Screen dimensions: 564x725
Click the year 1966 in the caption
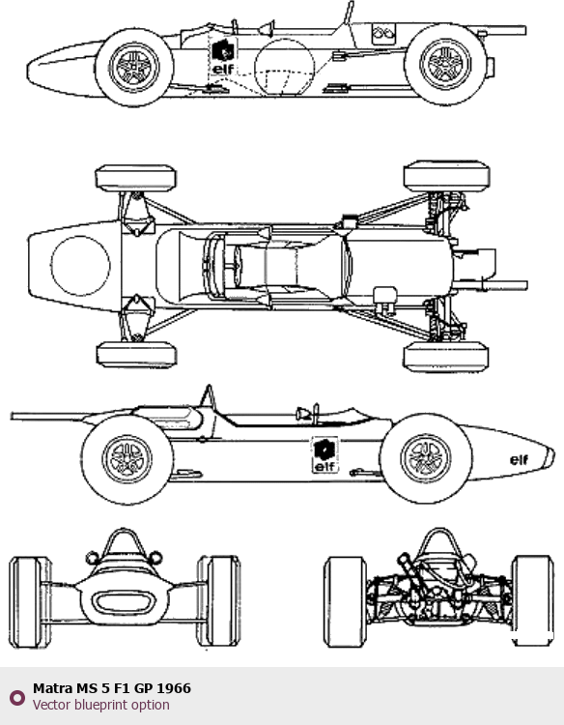[x=174, y=688]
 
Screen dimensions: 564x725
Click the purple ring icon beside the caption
[x=17, y=698]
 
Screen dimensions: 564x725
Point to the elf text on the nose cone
[x=520, y=459]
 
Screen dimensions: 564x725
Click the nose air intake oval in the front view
[x=124, y=602]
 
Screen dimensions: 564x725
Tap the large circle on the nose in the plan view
[x=80, y=266]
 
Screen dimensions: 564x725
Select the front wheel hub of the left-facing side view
[x=134, y=66]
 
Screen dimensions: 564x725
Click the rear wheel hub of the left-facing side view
[x=446, y=64]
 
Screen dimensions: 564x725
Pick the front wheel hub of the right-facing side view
[x=426, y=458]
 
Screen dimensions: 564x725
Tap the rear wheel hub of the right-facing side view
[x=127, y=459]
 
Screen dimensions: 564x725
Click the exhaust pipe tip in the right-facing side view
[x=13, y=416]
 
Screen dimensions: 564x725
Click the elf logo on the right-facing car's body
[x=324, y=454]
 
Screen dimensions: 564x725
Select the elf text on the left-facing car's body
[x=223, y=69]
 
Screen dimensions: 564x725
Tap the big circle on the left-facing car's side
[x=285, y=67]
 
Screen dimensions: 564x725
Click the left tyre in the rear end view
[x=345, y=601]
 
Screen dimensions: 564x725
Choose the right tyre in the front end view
[x=219, y=601]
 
